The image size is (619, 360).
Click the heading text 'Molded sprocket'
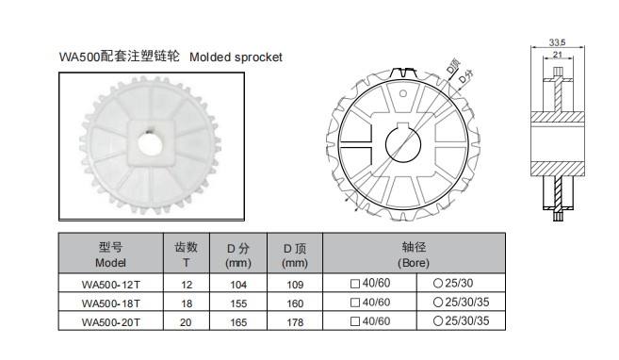pyautogui.click(x=236, y=57)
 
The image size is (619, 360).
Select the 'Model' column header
pyautogui.click(x=110, y=264)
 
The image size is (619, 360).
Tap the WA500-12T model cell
pyautogui.click(x=110, y=284)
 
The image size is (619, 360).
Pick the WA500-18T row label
pyautogui.click(x=110, y=303)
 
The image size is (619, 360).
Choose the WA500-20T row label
pyautogui.click(x=110, y=322)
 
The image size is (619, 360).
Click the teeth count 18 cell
pyautogui.click(x=186, y=303)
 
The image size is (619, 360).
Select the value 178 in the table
pyautogui.click(x=295, y=322)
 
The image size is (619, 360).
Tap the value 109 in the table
pyautogui.click(x=295, y=284)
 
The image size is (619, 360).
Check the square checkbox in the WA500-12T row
pyautogui.click(x=354, y=284)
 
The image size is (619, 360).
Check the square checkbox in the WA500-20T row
pyautogui.click(x=354, y=322)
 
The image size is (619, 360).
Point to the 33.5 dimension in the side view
pyautogui.click(x=556, y=42)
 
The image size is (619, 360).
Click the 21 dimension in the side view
pyautogui.click(x=558, y=56)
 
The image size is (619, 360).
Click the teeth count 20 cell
pyautogui.click(x=186, y=322)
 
